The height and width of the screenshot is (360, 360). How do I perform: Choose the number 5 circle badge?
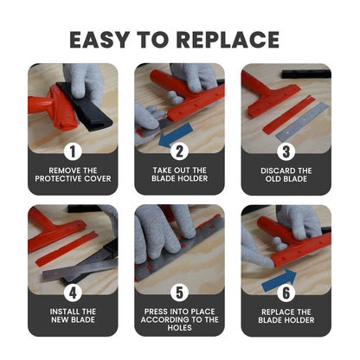(x=179, y=292)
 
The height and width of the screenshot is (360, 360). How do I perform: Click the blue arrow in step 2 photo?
(x=178, y=132)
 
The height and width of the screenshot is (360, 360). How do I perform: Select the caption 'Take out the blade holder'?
(x=179, y=174)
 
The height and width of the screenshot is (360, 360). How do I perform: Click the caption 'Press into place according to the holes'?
(x=179, y=319)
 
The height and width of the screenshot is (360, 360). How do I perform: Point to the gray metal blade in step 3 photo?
(x=303, y=122)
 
